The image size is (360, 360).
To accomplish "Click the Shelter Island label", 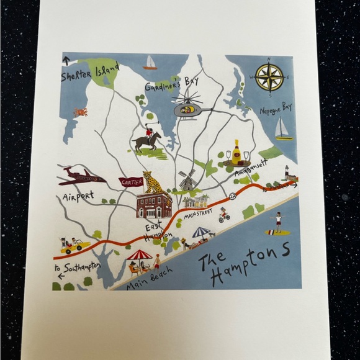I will (89, 73).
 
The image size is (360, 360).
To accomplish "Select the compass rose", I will (269, 77).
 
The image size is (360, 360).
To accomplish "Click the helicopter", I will (189, 109).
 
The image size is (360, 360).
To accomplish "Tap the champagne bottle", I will (237, 153).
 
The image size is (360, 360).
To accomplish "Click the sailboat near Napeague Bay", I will (283, 129).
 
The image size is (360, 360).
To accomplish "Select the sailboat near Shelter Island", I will (150, 63).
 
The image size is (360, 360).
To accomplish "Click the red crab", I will (80, 112).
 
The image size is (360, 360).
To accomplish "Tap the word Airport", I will (78, 197).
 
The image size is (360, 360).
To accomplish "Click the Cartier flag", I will (131, 182).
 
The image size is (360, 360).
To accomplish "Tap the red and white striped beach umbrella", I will (139, 255).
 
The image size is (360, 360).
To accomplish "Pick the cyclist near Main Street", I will (224, 215).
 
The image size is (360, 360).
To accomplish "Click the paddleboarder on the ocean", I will (277, 222).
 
